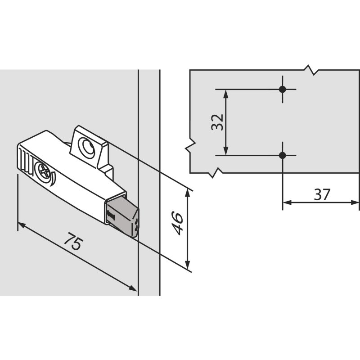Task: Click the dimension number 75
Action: (x=73, y=241)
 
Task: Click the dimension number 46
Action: (x=178, y=224)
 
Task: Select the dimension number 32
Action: (x=217, y=122)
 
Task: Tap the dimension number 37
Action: (x=322, y=194)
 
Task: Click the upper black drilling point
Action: (x=283, y=89)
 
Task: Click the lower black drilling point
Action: (x=283, y=155)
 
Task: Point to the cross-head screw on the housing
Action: (x=44, y=170)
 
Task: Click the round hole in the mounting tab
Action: (x=86, y=147)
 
